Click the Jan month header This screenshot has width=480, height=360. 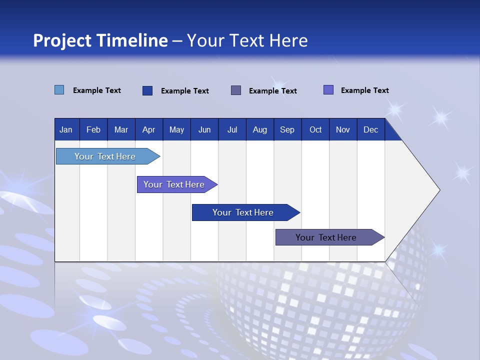point(66,129)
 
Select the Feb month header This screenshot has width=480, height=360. point(93,129)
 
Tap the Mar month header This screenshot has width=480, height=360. point(121,129)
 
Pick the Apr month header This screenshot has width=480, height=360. point(149,129)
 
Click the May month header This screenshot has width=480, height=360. point(176,129)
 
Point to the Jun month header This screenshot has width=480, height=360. point(204,129)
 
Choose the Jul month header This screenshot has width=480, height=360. point(232,129)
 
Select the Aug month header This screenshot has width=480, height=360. point(260,129)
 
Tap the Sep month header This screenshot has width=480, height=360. point(287,129)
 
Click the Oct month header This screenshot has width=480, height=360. point(315,129)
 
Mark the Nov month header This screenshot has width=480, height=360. point(343,129)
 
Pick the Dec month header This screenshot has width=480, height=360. point(371,129)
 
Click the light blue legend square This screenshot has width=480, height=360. point(59,90)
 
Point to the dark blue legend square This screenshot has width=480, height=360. point(147,90)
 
